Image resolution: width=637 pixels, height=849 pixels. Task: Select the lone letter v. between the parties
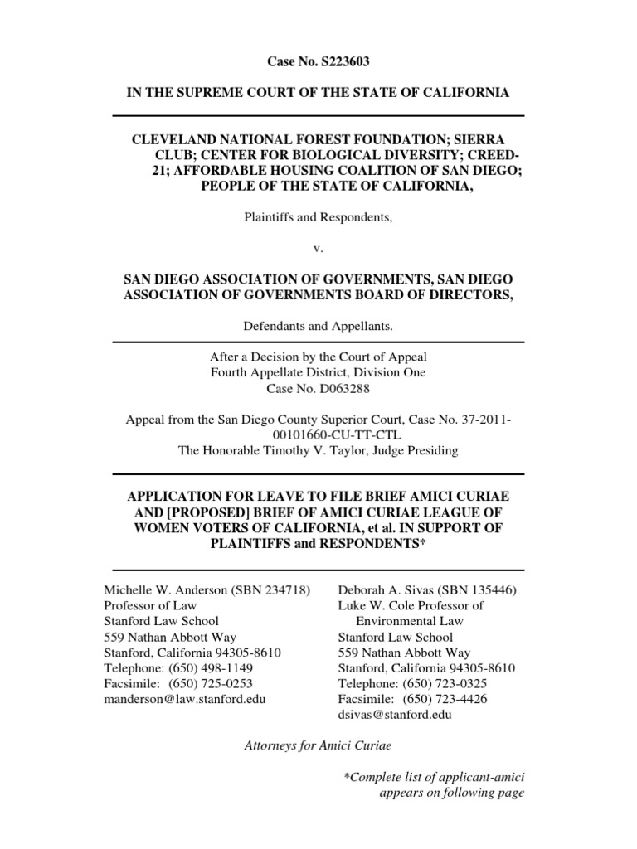(318, 249)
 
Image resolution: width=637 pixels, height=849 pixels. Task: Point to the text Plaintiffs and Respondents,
(318, 217)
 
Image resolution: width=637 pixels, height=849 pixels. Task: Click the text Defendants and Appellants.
(318, 327)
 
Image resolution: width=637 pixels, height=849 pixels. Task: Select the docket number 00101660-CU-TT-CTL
(318, 435)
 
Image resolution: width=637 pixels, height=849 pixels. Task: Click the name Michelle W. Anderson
(163, 590)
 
